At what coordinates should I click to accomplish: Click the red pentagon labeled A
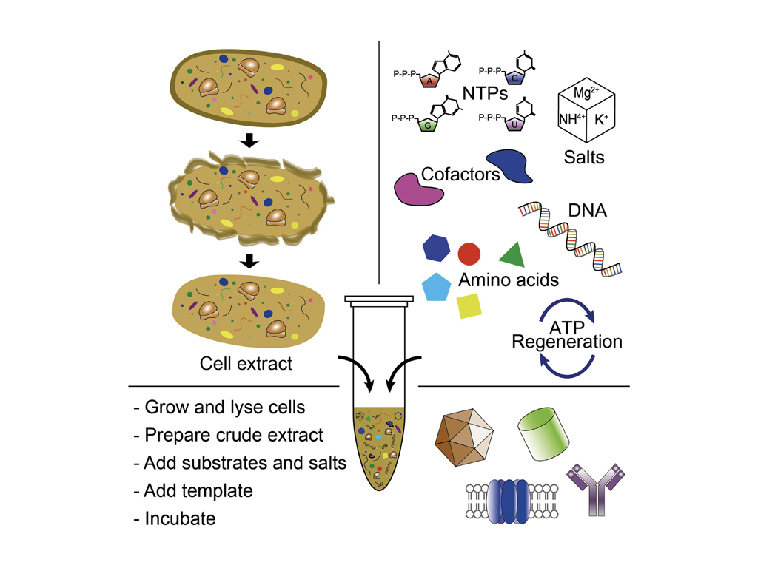click(430, 81)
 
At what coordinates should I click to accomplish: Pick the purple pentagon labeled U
click(514, 123)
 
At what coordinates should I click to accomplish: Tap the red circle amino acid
click(469, 254)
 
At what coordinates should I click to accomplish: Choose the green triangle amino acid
click(514, 255)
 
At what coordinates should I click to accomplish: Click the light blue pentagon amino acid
click(436, 287)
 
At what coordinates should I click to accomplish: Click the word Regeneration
click(567, 342)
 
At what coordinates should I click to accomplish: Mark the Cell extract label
click(246, 363)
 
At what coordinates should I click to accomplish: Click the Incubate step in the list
click(175, 518)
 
